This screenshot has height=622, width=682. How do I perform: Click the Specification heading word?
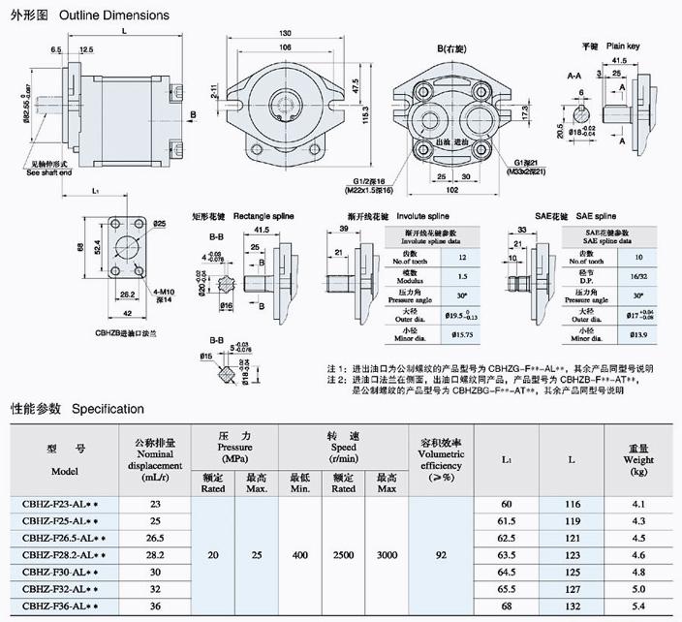pyautogui.click(x=108, y=409)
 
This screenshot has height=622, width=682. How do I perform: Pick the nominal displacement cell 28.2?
pyautogui.click(x=155, y=554)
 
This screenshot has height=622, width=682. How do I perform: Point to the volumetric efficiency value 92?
pyautogui.click(x=442, y=554)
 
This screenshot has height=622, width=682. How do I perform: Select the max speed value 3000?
pyautogui.click(x=386, y=554)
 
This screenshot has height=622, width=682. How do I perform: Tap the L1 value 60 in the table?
pyautogui.click(x=506, y=504)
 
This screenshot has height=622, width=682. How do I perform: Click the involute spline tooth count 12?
pyautogui.click(x=462, y=258)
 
